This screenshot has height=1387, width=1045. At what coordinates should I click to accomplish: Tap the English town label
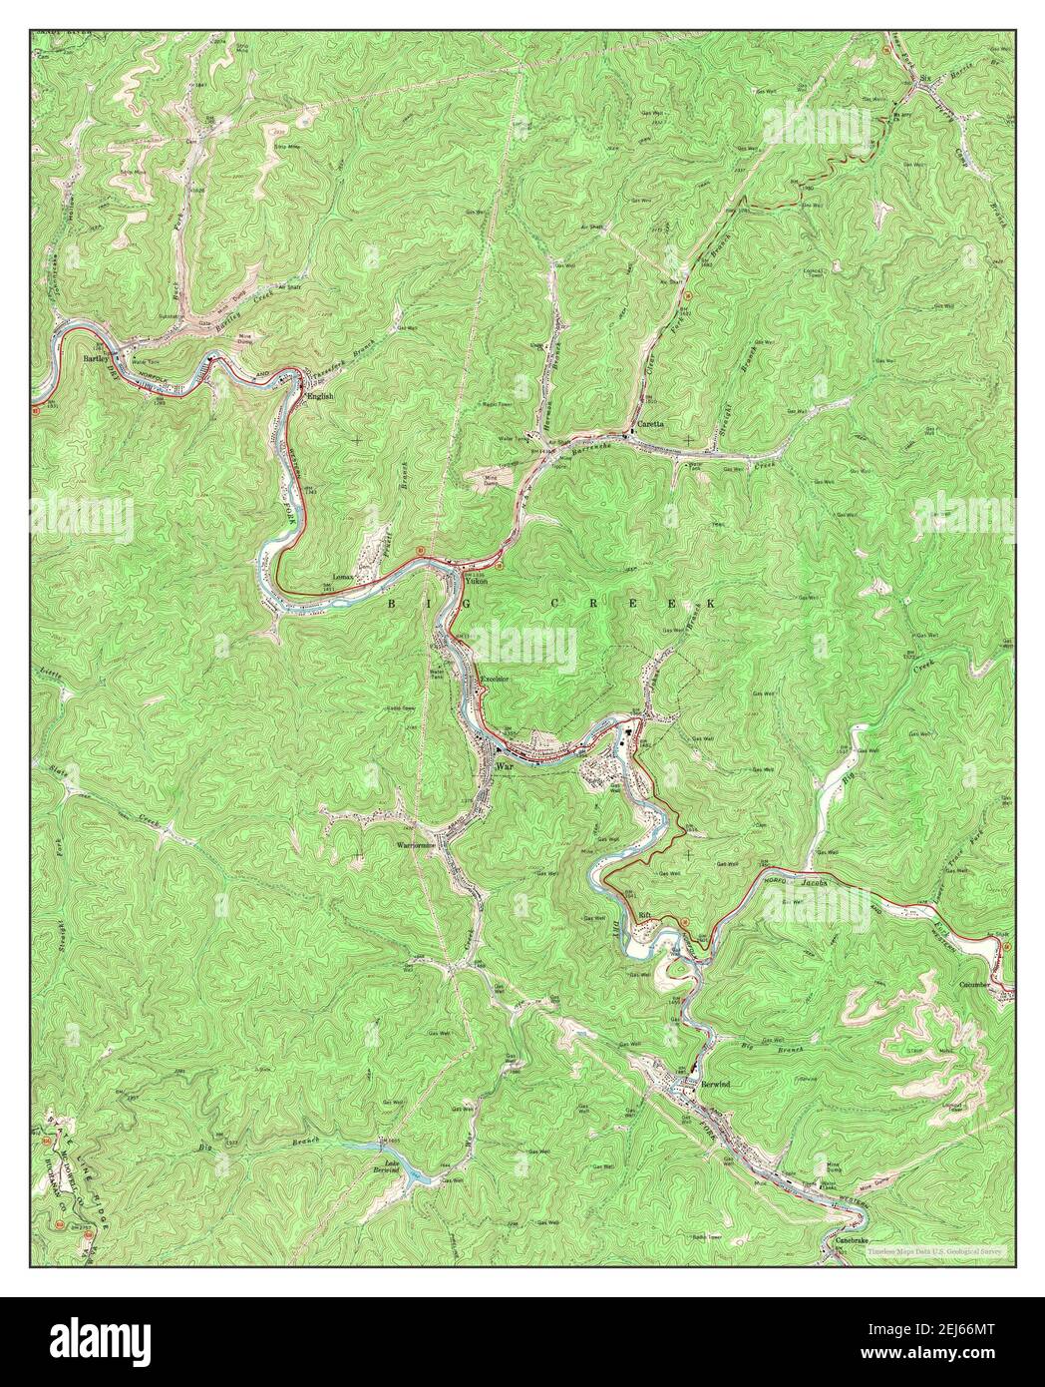tap(319, 396)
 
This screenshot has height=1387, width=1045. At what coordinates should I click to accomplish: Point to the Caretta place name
tap(654, 424)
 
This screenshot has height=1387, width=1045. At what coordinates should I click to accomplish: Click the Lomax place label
tap(346, 579)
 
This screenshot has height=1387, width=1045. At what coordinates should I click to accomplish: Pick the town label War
tap(503, 766)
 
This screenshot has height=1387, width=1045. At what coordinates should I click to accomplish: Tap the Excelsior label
tap(496, 681)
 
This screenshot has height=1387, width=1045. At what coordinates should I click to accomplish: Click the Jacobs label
tap(816, 883)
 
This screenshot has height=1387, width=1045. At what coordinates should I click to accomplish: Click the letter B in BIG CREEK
tap(392, 604)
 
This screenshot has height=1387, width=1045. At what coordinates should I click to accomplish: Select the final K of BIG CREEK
tap(712, 604)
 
